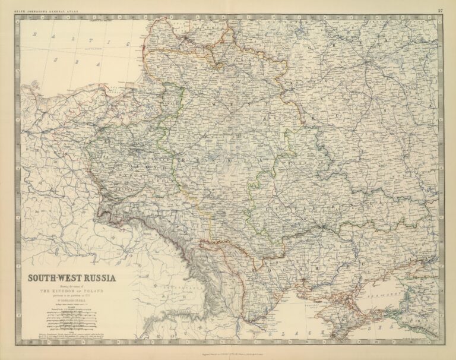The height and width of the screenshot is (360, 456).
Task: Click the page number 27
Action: pos(440,11)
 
